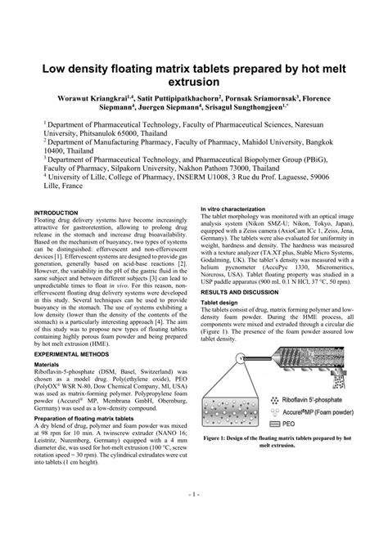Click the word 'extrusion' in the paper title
click(194, 82)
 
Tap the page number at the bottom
click(193, 518)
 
